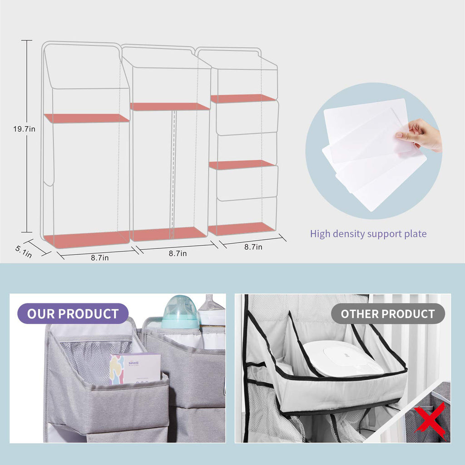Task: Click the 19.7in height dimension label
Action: [24, 129]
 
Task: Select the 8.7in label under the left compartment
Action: [99, 258]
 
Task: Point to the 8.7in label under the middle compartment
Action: [178, 253]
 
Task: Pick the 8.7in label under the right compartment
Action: [253, 247]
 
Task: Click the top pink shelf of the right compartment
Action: [243, 98]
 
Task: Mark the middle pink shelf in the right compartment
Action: [242, 164]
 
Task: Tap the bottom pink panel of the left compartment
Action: [86, 239]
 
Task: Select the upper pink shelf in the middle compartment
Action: [169, 107]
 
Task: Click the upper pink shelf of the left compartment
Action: [86, 118]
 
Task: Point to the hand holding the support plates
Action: [420, 134]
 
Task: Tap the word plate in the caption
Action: [415, 234]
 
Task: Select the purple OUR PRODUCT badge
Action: [73, 313]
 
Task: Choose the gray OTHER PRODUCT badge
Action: [388, 313]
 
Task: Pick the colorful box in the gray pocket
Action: [134, 368]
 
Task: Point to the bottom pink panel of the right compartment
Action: [242, 229]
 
